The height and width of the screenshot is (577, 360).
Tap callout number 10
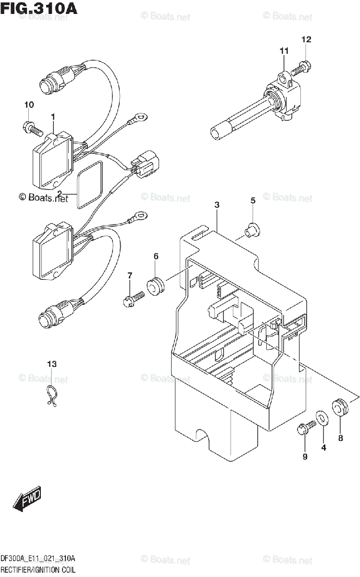[x=29, y=105]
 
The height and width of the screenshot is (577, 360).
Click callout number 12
[x=306, y=39]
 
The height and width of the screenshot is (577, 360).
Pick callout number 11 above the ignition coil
[x=284, y=51]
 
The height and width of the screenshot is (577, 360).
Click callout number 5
[x=252, y=201]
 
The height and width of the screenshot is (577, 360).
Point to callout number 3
[x=217, y=205]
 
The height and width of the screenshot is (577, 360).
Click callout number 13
[x=51, y=364]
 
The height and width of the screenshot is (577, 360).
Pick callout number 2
[x=60, y=194]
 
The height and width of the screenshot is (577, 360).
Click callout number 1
[x=53, y=116]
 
